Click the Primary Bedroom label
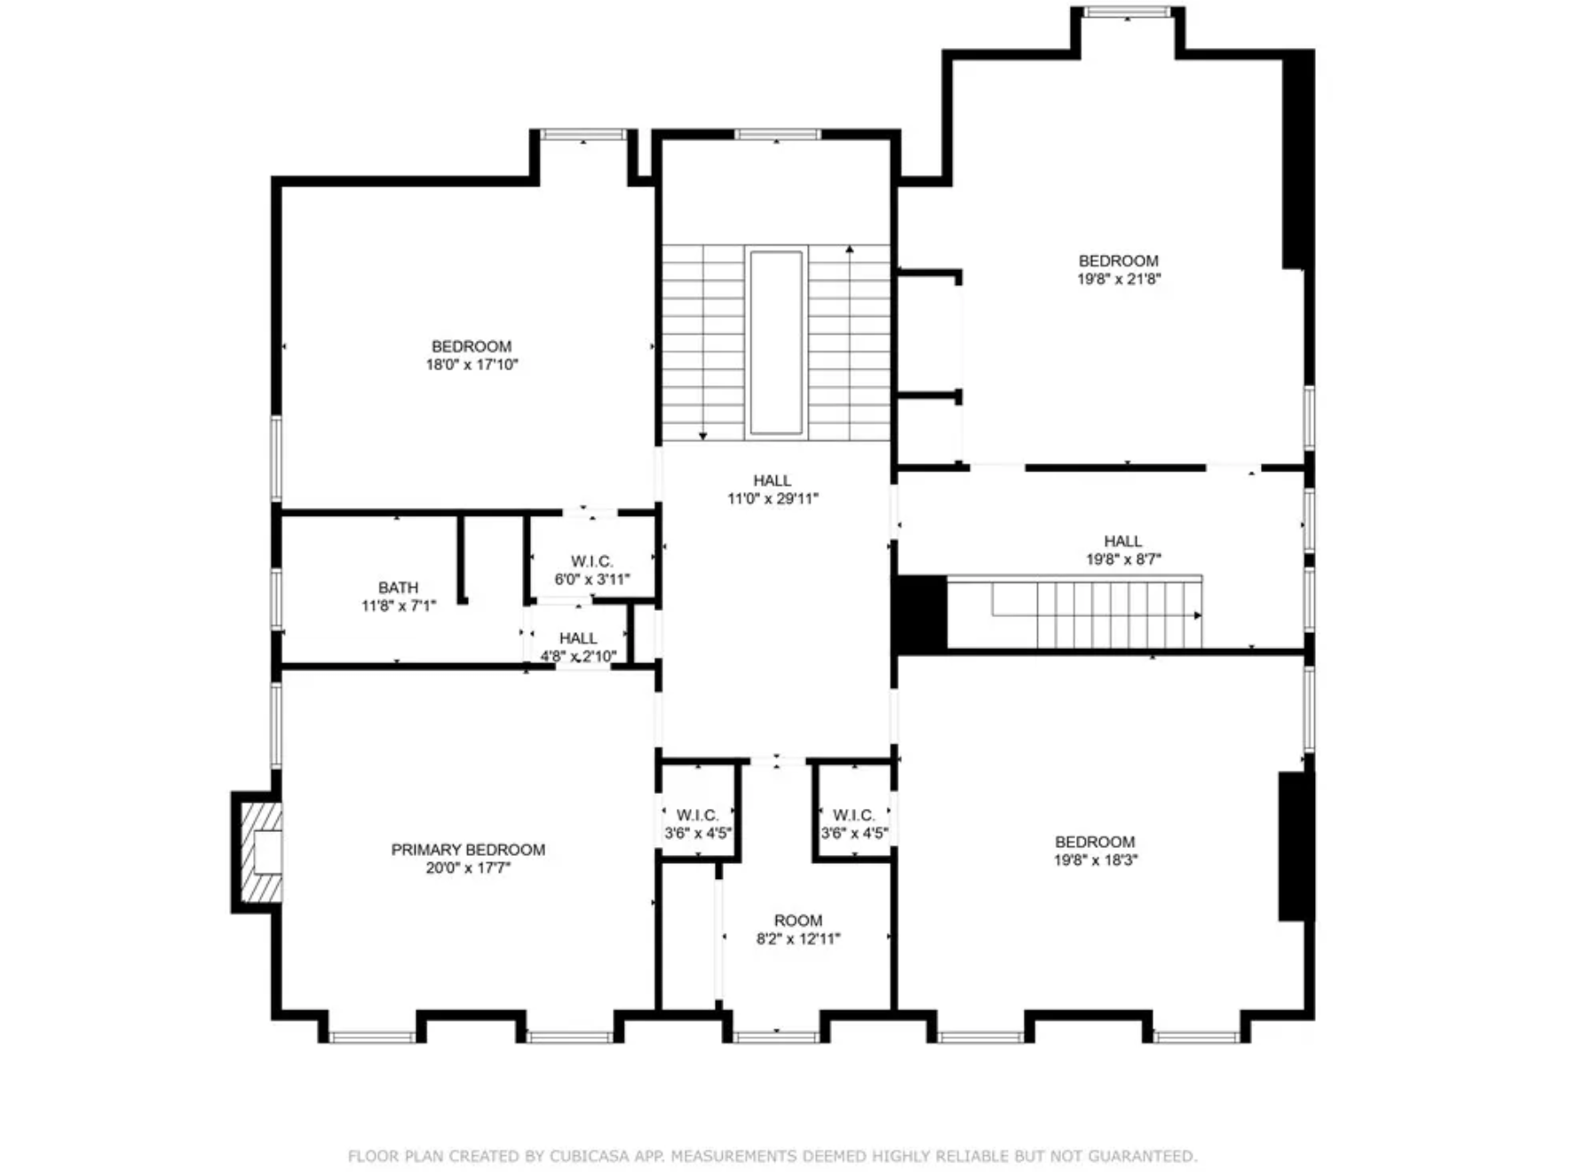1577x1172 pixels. coord(468,850)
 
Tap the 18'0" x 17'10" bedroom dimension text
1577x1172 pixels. coord(472,364)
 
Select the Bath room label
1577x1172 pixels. coord(398,588)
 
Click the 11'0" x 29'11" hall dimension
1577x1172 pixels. coord(773,499)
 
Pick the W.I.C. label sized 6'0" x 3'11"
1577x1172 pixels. coord(592,561)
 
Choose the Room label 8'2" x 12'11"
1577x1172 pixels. coord(798,921)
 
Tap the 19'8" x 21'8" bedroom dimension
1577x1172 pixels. coord(1119,279)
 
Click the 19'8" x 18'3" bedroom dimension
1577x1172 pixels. coord(1096,859)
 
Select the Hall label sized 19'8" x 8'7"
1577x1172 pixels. coord(1123,541)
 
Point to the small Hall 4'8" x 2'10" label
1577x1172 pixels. coord(578,638)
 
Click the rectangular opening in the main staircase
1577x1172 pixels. coord(776,343)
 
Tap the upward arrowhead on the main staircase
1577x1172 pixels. coord(850,250)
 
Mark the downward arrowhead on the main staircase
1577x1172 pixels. coord(703,435)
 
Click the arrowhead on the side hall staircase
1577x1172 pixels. coord(1198,615)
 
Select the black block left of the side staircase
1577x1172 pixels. coord(921,614)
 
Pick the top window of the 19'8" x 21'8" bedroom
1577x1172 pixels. coord(1128,12)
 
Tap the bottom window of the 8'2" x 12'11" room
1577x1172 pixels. coord(776,1036)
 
